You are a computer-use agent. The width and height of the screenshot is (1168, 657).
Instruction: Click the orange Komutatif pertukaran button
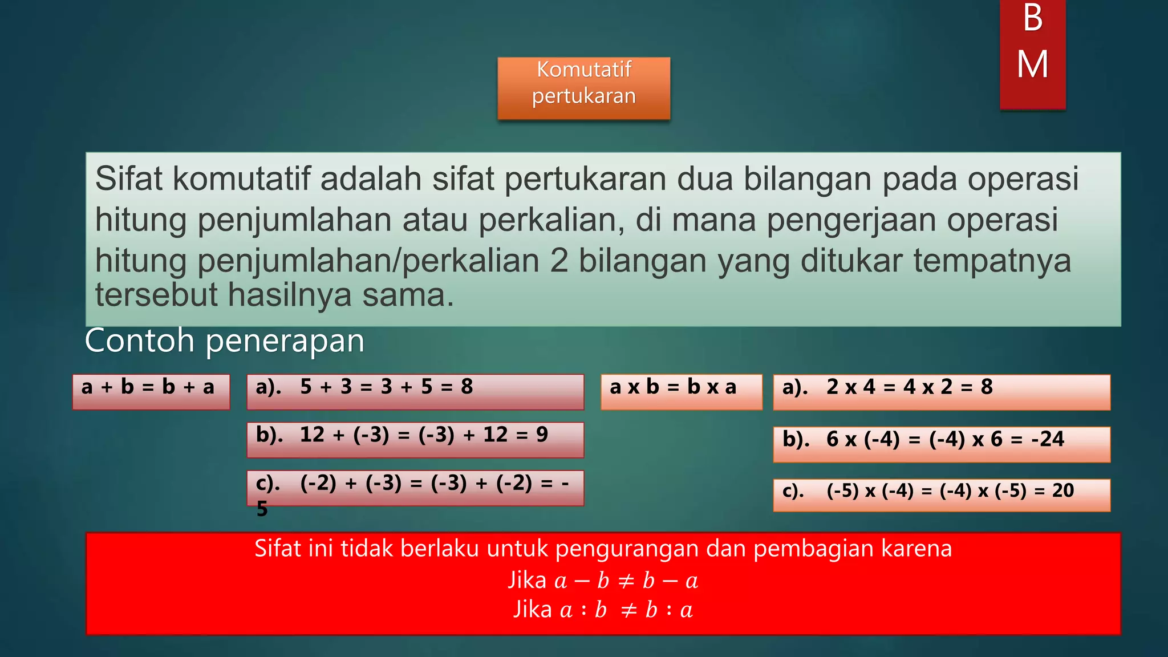coord(583,88)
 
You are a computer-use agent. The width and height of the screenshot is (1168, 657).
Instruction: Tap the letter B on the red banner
coord(1032,18)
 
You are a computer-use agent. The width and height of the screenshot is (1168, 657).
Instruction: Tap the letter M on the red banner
coord(1032,64)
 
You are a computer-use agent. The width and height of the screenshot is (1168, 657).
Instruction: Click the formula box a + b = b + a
coord(151,391)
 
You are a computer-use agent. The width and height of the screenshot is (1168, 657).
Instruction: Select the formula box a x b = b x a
coord(681,391)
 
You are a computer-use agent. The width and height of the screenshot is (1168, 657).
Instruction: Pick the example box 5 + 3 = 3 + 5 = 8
coord(415,391)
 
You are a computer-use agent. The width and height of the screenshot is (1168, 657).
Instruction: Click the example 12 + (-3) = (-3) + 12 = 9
coord(415,439)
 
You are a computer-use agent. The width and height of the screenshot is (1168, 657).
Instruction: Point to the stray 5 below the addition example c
coord(262,509)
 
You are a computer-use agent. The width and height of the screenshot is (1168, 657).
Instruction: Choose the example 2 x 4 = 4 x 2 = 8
coord(941,391)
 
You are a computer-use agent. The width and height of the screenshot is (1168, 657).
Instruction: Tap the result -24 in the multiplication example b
coord(1047,439)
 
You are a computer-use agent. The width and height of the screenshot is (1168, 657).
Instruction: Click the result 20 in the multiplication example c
coord(1062,490)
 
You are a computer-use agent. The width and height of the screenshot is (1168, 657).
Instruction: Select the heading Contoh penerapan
coord(224,341)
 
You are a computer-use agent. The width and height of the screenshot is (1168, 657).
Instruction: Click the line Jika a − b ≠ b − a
coord(603,581)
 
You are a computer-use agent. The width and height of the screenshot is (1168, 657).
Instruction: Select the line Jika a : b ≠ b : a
coord(603,610)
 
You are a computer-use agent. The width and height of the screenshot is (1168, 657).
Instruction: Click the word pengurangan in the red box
coord(627,549)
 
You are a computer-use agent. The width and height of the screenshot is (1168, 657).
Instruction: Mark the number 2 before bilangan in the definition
coord(559,261)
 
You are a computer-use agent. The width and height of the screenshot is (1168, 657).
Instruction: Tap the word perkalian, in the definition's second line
coord(551,220)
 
